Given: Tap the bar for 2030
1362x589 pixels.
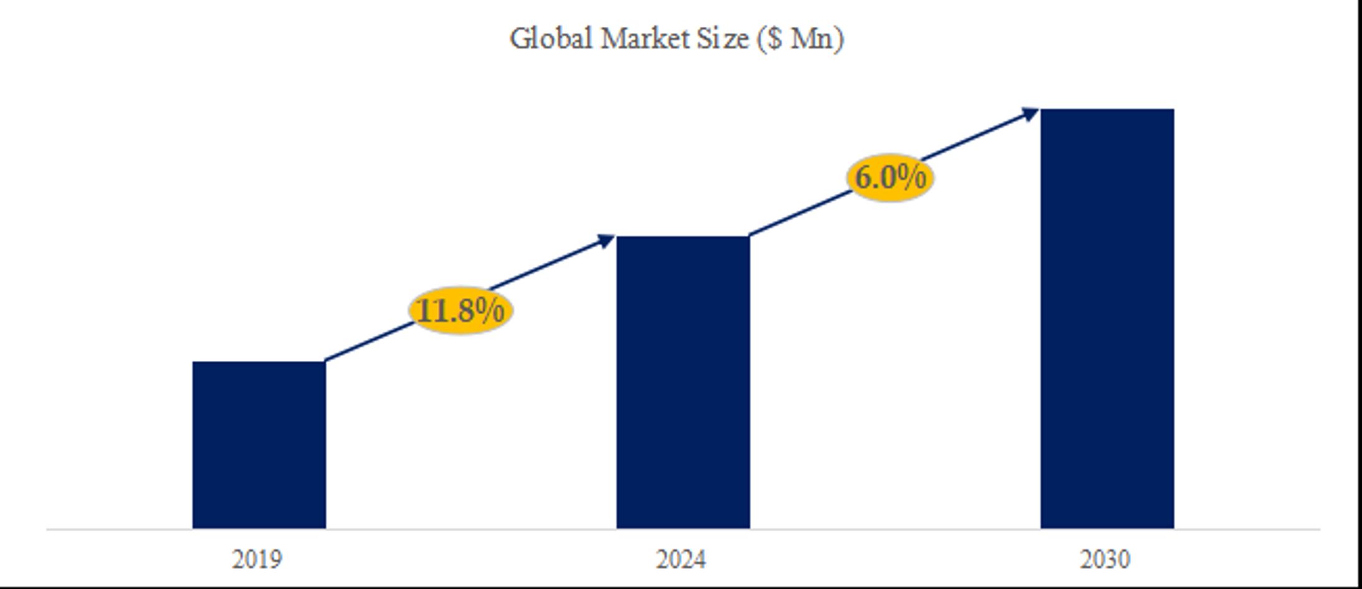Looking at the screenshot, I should [x=1107, y=318].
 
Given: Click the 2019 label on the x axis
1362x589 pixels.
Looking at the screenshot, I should [x=257, y=560].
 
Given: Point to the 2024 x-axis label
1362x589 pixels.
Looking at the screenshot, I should [x=681, y=560].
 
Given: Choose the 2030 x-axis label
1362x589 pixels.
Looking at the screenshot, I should [x=1105, y=560].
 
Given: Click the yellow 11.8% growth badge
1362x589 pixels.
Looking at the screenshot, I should [x=461, y=310].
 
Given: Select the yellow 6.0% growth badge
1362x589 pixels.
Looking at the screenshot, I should [x=890, y=178].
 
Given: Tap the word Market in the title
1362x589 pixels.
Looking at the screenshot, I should [x=644, y=39].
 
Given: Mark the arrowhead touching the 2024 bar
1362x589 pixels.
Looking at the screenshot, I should [x=607, y=241].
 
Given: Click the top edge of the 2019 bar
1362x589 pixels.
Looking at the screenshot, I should [x=259, y=362].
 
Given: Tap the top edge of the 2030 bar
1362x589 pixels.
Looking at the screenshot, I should [x=1107, y=110].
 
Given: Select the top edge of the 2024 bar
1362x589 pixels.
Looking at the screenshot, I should [x=683, y=237].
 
